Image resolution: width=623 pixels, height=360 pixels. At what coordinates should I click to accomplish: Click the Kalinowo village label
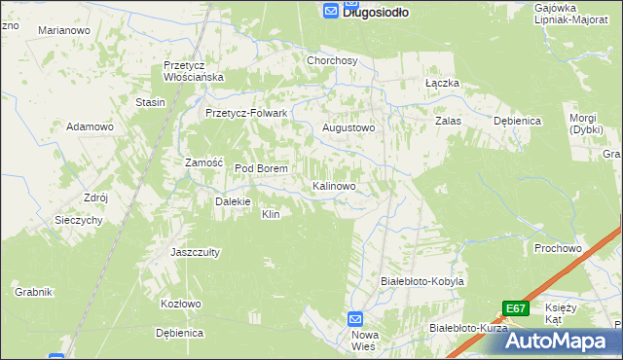[339, 185]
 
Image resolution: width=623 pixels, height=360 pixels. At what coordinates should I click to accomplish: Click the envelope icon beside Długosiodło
[330, 11]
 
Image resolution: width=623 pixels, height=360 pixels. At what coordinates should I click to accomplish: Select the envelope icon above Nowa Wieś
[356, 318]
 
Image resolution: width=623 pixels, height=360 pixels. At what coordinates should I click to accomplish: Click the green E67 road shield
[516, 308]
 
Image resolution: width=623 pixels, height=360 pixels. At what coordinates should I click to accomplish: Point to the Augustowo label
[348, 127]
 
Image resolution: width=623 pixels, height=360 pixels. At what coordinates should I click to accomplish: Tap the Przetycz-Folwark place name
[246, 113]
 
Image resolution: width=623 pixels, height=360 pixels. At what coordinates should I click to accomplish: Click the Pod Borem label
[261, 168]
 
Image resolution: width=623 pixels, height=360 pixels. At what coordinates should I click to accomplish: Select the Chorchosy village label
[333, 60]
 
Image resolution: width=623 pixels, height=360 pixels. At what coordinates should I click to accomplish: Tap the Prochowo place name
[558, 248]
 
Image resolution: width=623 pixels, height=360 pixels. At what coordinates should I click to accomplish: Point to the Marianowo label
[63, 31]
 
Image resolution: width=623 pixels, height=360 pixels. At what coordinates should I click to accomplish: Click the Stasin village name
[150, 102]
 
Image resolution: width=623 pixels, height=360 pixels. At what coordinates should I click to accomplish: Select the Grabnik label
[32, 292]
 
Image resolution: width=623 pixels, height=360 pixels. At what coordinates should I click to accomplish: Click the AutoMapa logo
[561, 341]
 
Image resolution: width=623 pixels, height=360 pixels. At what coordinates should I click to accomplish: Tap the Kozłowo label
[180, 304]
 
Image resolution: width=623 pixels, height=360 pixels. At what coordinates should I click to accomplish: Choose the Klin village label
[271, 214]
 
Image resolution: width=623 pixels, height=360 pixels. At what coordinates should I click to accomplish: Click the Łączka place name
[442, 84]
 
